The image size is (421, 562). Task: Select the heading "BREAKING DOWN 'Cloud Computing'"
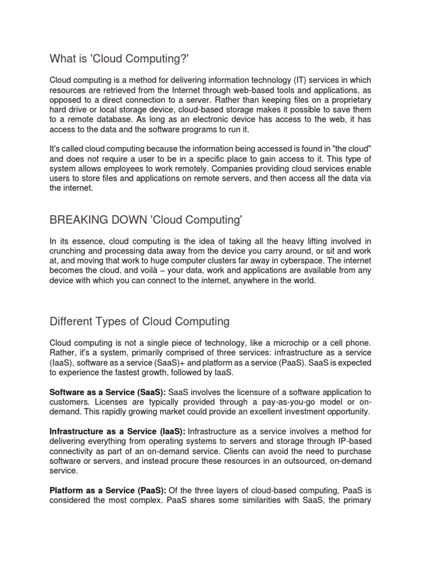click(x=145, y=221)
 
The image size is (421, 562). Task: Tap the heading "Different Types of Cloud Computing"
click(x=139, y=321)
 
